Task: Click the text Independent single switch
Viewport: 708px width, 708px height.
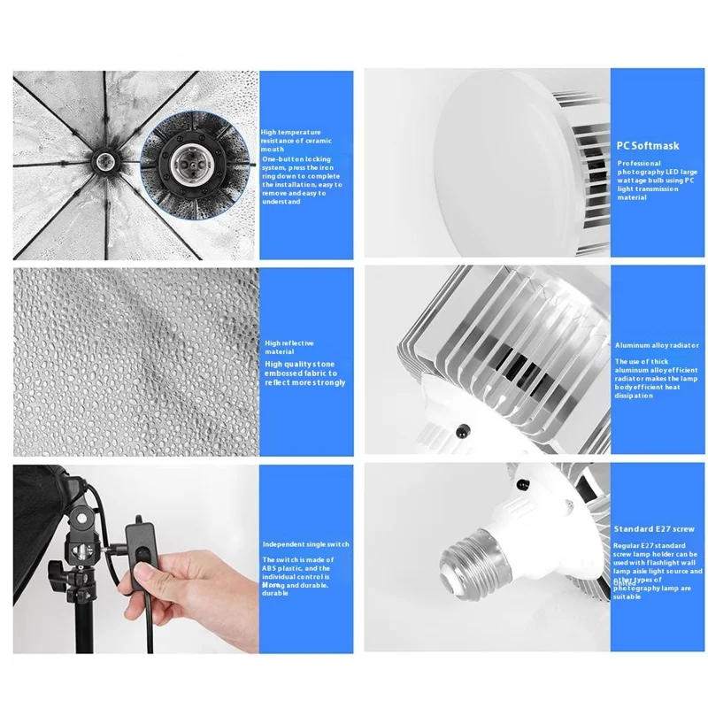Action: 306,543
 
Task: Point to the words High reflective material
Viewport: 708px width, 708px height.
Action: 289,347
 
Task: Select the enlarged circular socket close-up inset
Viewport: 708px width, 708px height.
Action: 188,163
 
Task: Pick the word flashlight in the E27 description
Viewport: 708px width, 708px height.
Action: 653,563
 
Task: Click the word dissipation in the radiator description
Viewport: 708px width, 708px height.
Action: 634,396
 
